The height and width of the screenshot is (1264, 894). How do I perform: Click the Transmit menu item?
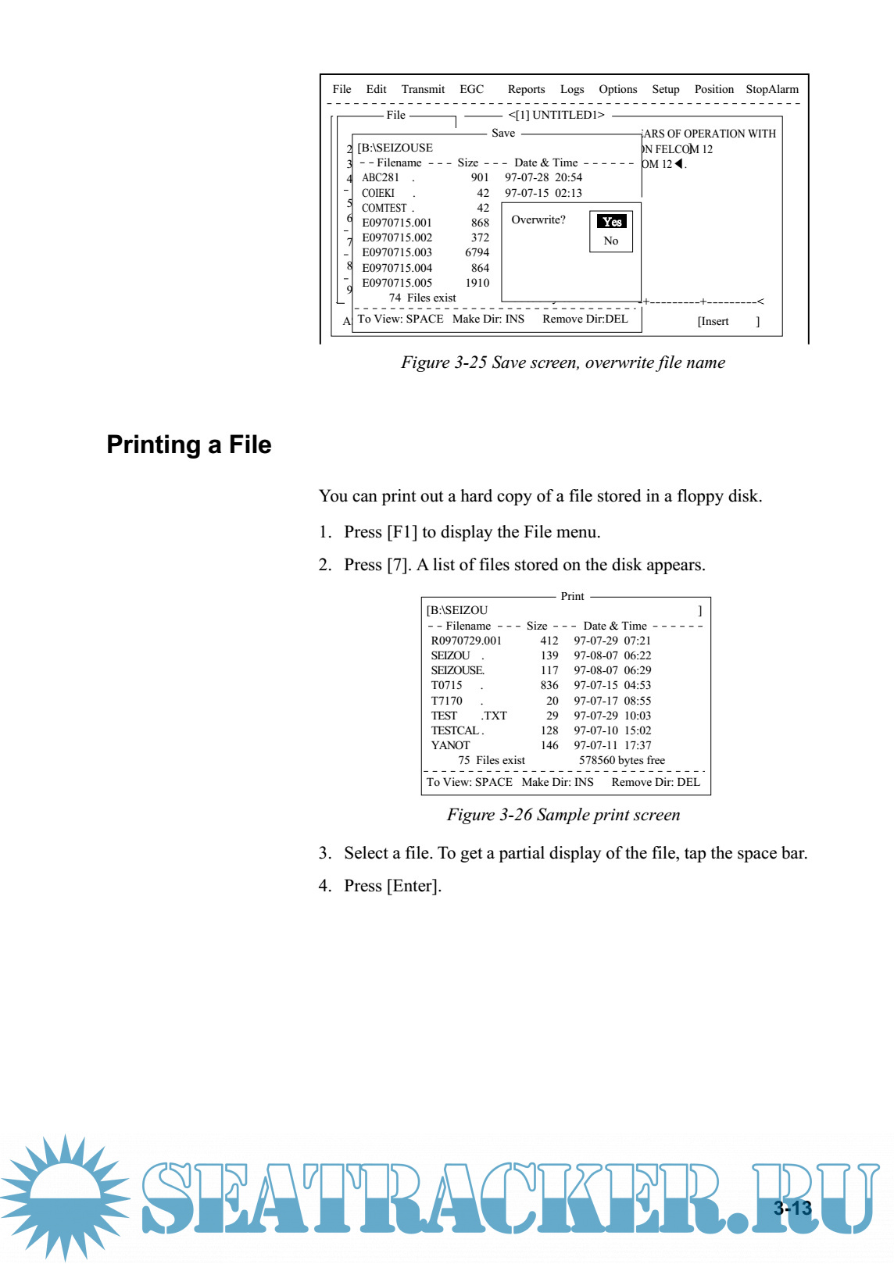pos(423,89)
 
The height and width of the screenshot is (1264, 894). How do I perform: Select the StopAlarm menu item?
pos(771,89)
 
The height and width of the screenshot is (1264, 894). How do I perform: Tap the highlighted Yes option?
pos(612,222)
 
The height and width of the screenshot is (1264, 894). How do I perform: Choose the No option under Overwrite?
pos(611,241)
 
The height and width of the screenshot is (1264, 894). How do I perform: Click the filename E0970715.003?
pos(396,252)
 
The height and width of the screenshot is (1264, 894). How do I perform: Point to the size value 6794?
pos(477,252)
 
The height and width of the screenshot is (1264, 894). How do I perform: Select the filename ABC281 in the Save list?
pos(381,177)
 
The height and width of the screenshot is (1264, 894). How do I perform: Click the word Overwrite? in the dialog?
pos(538,220)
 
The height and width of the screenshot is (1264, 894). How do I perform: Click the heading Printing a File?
pos(189,445)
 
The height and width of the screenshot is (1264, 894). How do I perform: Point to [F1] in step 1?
pos(402,532)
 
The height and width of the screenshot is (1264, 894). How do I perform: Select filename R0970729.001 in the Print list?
pos(466,641)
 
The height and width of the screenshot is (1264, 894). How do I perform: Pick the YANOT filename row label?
pos(450,745)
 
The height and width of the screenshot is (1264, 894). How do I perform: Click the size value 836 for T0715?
pos(549,685)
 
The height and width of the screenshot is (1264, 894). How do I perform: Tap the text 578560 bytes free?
pos(621,760)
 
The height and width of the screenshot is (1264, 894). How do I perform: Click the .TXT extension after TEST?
pos(494,716)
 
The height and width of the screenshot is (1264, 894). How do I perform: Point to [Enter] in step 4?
pos(413,886)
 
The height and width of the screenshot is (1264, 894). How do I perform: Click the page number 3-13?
pos(792,1208)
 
